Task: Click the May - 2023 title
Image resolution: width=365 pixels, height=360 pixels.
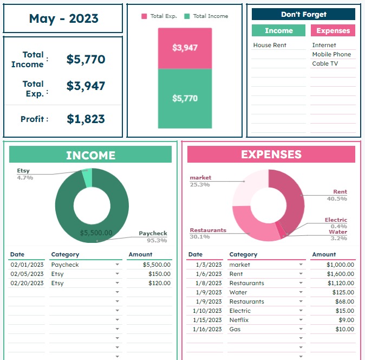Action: click(63, 18)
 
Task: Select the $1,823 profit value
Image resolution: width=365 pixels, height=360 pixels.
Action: click(86, 119)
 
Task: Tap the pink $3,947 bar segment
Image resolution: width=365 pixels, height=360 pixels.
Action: click(185, 48)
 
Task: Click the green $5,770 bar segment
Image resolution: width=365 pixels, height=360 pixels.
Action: click(185, 99)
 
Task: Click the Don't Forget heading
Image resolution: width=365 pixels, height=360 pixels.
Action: click(303, 15)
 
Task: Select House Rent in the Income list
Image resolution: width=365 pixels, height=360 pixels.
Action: click(270, 45)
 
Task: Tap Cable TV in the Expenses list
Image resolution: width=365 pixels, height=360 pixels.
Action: click(324, 63)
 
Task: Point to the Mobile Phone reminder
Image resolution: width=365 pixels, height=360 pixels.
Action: click(331, 54)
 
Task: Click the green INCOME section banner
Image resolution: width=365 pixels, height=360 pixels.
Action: click(90, 155)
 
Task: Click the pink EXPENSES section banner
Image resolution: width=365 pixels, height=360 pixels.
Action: click(271, 155)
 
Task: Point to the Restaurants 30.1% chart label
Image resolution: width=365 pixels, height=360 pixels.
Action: click(208, 233)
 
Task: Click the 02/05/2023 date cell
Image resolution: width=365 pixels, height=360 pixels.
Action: click(27, 274)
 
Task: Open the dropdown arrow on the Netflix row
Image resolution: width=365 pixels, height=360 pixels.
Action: click(301, 320)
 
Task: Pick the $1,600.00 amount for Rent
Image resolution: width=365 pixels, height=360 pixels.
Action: click(340, 274)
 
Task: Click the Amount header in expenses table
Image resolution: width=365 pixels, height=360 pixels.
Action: click(324, 254)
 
